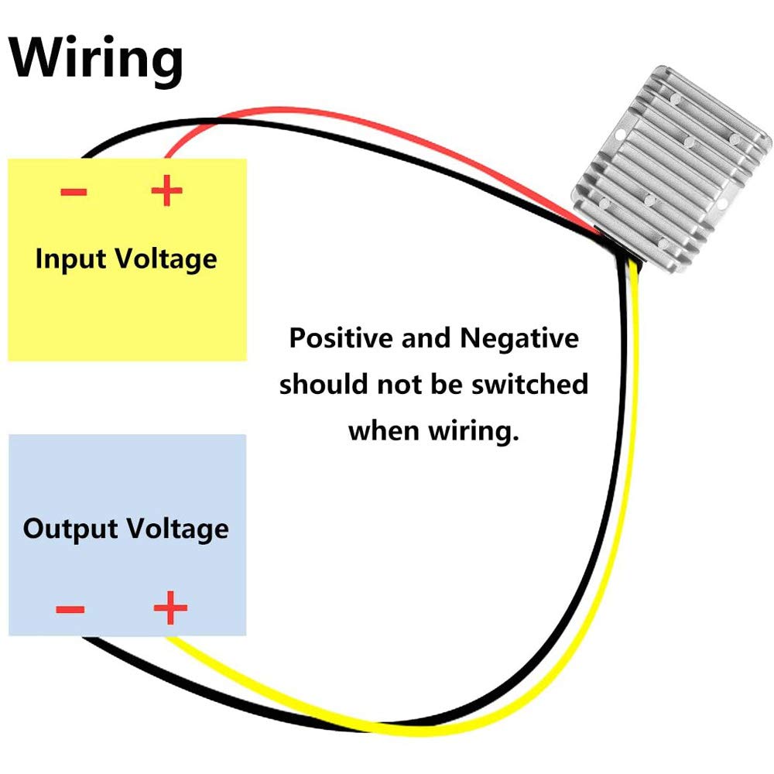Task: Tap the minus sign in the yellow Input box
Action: tap(74, 191)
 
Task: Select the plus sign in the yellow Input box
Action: tap(166, 191)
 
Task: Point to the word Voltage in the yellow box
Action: tap(166, 259)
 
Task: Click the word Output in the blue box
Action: tap(70, 529)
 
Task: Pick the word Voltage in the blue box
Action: tap(178, 529)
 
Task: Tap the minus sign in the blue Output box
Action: tap(70, 609)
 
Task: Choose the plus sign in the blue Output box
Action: tap(170, 609)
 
